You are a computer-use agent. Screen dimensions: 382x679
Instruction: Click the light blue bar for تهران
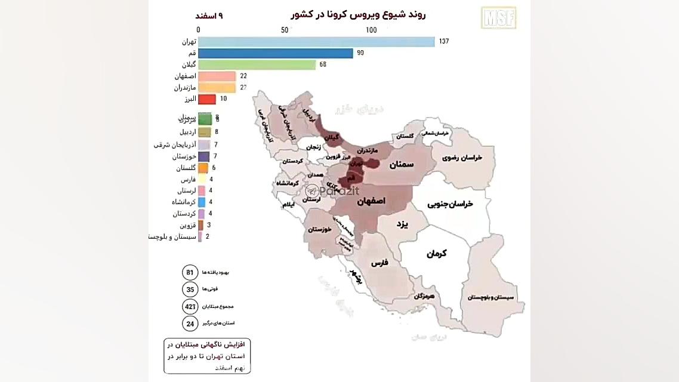(316, 42)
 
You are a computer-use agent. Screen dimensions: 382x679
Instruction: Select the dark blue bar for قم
(275, 53)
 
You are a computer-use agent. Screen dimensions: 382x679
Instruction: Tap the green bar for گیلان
(257, 64)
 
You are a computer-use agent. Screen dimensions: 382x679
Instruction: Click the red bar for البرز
(206, 99)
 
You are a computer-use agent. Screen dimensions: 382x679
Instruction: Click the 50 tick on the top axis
(285, 30)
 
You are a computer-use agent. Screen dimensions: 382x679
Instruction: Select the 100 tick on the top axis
(371, 30)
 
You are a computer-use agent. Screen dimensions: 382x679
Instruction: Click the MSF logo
(498, 17)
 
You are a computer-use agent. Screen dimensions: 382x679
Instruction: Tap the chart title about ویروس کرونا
(358, 14)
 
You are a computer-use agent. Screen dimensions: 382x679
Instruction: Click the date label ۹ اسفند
(212, 16)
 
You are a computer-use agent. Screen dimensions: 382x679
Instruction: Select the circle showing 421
(190, 306)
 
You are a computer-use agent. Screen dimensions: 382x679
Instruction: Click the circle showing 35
(190, 289)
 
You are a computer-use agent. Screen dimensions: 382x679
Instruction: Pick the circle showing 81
(190, 272)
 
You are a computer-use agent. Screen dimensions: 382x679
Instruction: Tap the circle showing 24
(190, 323)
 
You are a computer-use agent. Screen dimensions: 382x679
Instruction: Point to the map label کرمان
(436, 253)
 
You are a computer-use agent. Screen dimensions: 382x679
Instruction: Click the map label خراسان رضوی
(462, 158)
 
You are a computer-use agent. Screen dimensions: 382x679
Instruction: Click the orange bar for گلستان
(203, 168)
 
